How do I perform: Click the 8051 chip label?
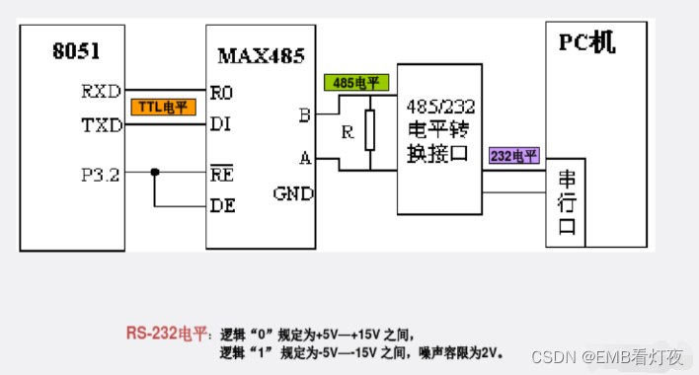click(x=76, y=51)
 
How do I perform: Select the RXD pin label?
click(x=101, y=92)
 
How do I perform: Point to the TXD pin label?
click(x=101, y=126)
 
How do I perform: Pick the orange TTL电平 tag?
click(x=163, y=108)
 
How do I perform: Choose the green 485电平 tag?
click(x=356, y=83)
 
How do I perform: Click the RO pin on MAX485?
click(x=221, y=93)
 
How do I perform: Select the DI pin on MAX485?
click(x=220, y=126)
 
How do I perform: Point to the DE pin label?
click(x=222, y=206)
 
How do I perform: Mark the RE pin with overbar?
click(x=221, y=175)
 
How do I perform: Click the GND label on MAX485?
click(x=292, y=193)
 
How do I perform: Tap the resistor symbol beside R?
click(x=370, y=129)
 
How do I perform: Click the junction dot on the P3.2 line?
click(x=155, y=174)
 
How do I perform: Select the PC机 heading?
click(x=588, y=42)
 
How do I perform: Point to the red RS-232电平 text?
click(x=165, y=333)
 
